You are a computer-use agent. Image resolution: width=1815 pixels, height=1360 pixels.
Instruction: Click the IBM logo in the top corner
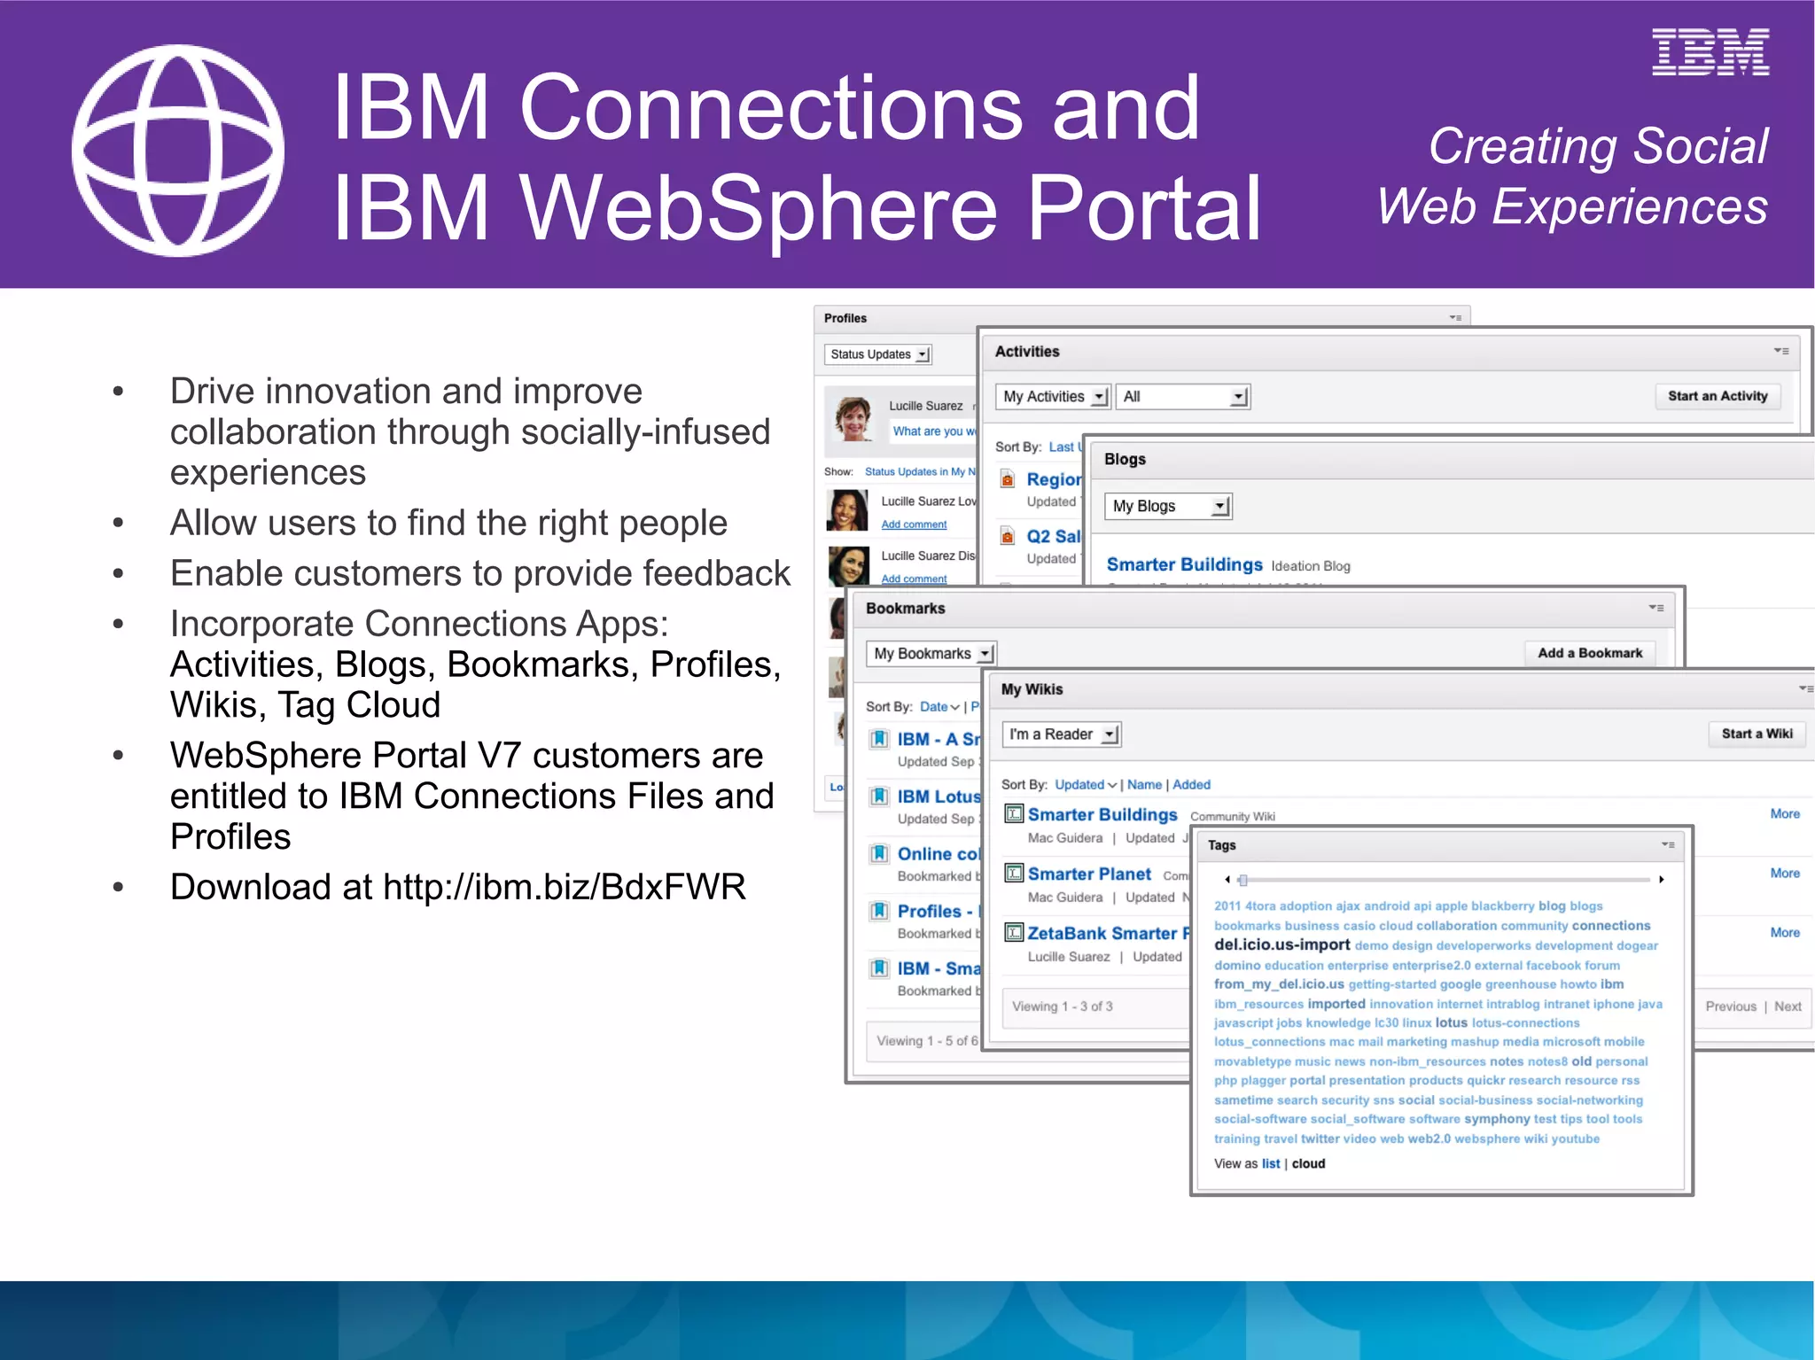(1710, 52)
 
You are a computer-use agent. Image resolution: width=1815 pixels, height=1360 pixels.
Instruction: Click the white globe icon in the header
(178, 151)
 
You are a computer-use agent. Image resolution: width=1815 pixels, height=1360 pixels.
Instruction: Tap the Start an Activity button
(1717, 396)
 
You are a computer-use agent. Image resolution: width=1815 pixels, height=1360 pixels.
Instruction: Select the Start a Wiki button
(1757, 734)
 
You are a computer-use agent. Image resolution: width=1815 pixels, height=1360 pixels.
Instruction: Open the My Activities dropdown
(1053, 397)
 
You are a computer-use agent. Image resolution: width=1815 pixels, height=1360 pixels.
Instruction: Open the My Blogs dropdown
(1168, 506)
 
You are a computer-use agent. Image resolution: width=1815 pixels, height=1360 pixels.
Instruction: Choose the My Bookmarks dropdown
(931, 654)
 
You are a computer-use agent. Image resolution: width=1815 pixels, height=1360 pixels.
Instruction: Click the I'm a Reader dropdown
(1062, 734)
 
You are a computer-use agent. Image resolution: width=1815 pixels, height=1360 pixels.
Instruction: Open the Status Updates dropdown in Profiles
(878, 354)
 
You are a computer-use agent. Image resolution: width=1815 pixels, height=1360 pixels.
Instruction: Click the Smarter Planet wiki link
(1089, 874)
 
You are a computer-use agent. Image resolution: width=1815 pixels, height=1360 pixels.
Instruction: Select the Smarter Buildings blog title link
(1184, 565)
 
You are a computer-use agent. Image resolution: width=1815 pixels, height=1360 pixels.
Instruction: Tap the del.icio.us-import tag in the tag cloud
(1281, 944)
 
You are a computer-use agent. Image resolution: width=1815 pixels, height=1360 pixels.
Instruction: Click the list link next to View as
(1271, 1163)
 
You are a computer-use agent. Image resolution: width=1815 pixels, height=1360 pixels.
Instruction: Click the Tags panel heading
(1221, 845)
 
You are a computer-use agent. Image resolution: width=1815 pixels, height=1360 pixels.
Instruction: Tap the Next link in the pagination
(1788, 1006)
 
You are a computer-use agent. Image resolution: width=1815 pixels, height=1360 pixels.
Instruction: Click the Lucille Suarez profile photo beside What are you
(854, 418)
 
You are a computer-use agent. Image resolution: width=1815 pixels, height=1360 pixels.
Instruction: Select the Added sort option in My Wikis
(1191, 785)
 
